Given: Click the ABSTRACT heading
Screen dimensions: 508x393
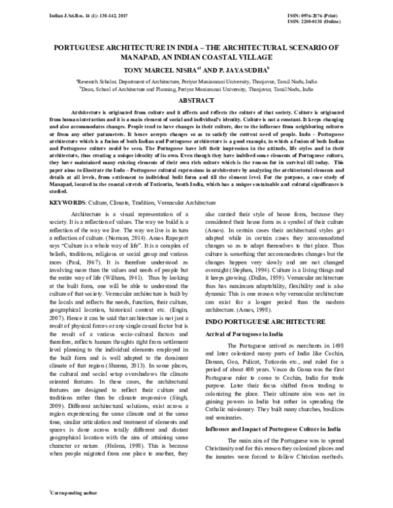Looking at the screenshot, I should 196,101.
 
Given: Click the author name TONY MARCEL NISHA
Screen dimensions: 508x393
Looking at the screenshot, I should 162,68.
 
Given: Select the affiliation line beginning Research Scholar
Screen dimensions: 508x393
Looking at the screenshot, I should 196,79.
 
